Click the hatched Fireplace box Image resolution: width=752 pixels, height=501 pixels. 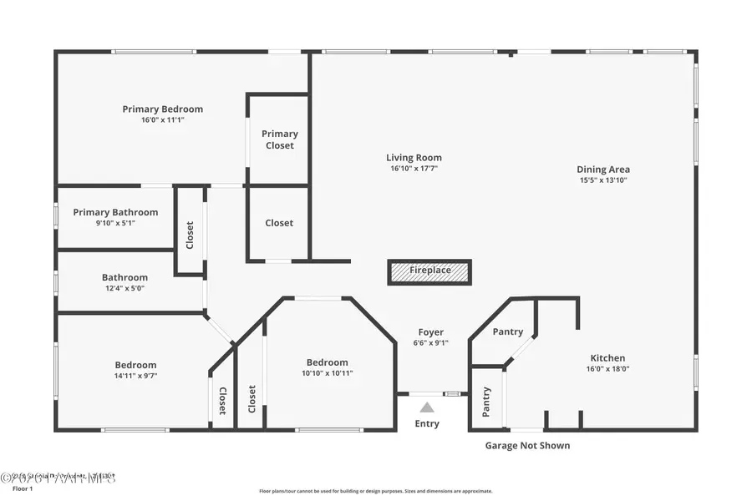coord(429,271)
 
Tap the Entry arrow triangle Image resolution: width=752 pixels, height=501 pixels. coord(427,407)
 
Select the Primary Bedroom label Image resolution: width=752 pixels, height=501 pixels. coord(162,109)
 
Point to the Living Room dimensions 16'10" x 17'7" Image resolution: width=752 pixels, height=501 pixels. coord(414,169)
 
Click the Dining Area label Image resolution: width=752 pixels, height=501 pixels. coord(602,170)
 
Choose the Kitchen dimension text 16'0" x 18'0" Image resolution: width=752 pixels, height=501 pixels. coord(607,369)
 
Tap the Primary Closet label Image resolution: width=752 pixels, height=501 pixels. coord(279,139)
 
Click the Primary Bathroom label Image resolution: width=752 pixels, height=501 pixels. coord(115,212)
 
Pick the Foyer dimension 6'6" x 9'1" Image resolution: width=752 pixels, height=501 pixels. coord(430,343)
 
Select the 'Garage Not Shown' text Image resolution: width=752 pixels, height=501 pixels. coord(527,446)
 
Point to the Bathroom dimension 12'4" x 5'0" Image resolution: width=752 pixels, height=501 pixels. coord(124,289)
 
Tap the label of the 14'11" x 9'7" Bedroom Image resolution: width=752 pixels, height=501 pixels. coord(135,365)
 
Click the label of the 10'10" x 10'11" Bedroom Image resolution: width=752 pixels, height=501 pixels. coord(327,362)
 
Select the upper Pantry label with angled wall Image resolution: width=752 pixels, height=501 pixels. coord(507,331)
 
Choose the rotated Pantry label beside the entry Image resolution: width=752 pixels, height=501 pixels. coord(486,402)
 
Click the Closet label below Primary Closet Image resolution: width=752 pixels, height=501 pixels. coord(279,223)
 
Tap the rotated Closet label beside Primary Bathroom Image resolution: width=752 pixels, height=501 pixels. coord(190,235)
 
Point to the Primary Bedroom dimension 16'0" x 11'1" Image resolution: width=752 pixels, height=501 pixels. coord(162,120)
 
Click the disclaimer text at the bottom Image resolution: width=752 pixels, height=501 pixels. coord(375,491)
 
